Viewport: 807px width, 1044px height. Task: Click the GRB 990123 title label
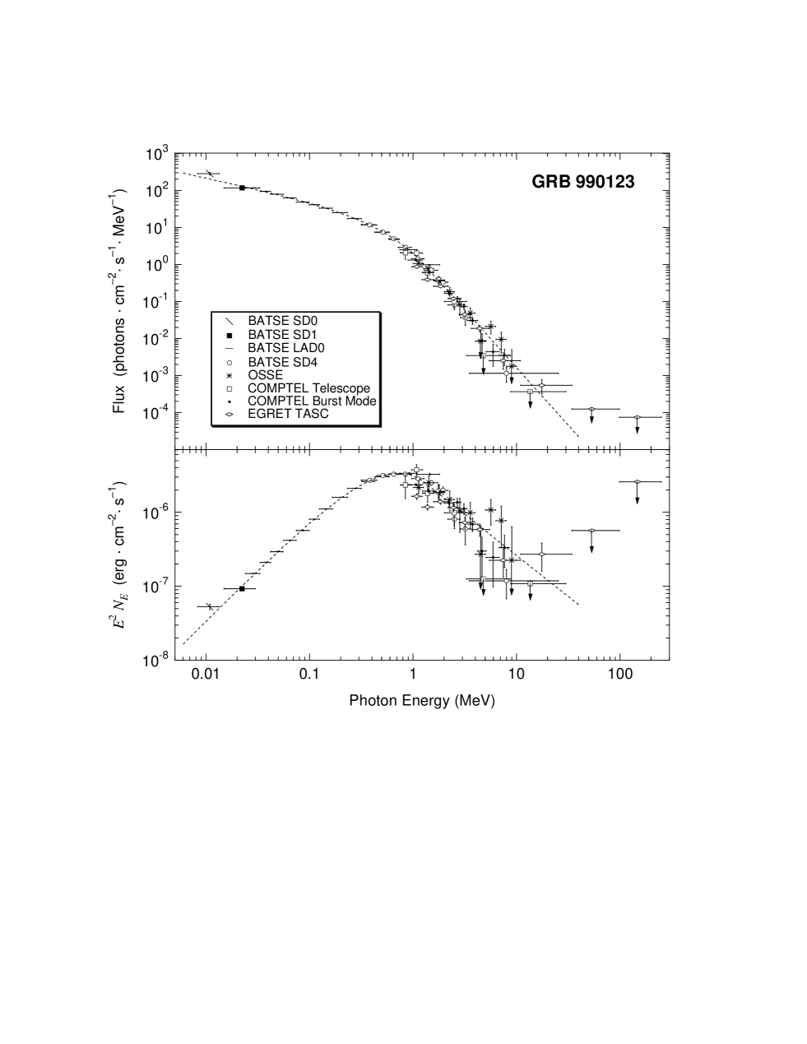(583, 182)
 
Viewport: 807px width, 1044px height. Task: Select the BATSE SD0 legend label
(282, 321)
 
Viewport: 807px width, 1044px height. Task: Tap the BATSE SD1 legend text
(282, 335)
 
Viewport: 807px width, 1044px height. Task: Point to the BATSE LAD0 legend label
(285, 348)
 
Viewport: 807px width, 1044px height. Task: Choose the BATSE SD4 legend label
(282, 362)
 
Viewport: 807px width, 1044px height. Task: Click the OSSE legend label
(265, 374)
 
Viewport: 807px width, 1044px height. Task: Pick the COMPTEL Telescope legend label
(308, 388)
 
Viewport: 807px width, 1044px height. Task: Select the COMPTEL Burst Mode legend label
(312, 401)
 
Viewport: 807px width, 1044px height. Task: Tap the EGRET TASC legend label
(288, 414)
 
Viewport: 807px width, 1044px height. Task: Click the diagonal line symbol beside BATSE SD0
(230, 321)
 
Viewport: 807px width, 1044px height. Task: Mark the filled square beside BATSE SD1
(230, 336)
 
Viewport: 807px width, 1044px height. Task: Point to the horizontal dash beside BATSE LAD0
(230, 348)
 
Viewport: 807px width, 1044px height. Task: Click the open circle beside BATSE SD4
(230, 362)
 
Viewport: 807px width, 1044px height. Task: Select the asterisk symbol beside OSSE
(230, 375)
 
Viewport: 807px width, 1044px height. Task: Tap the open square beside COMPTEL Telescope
(230, 388)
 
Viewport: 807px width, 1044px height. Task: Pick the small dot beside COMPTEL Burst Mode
(230, 401)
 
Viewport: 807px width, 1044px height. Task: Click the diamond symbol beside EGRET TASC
(230, 414)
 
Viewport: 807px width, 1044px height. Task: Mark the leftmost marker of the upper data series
(369, 225)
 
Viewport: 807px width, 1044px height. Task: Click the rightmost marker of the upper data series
(636, 417)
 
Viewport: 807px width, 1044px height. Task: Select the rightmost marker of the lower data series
(636, 481)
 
